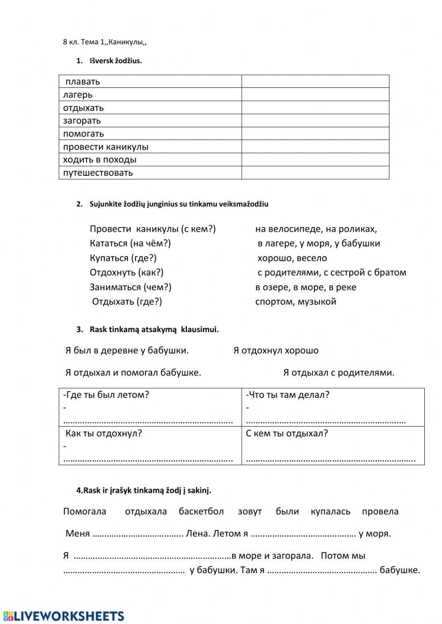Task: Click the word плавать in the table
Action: [83, 82]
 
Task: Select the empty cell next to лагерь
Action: [315, 95]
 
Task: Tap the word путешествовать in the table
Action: [98, 173]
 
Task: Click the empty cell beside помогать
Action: [315, 134]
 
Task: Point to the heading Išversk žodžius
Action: [116, 61]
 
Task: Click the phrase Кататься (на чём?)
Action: [130, 243]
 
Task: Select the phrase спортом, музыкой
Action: [296, 302]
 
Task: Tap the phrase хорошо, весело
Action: [292, 258]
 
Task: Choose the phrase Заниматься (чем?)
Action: [130, 287]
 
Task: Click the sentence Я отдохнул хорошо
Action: [276, 351]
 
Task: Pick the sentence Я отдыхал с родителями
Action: [339, 373]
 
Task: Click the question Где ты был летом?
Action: [106, 395]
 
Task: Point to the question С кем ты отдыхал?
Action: [287, 433]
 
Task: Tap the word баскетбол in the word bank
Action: [201, 511]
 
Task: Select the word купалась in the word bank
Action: [330, 511]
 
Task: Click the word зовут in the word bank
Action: [250, 511]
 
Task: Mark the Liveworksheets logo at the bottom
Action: [63, 616]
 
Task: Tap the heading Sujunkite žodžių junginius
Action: [179, 204]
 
